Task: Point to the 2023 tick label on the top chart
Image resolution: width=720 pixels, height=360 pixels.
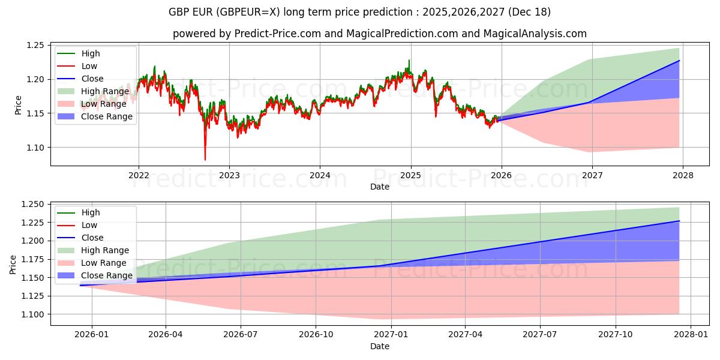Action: pyautogui.click(x=229, y=175)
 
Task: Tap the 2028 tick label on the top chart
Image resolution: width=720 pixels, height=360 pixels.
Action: pyautogui.click(x=683, y=175)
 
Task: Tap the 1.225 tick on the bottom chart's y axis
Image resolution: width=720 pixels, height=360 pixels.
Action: pyautogui.click(x=32, y=223)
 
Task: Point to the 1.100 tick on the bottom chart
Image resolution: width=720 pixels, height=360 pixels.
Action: pyautogui.click(x=32, y=314)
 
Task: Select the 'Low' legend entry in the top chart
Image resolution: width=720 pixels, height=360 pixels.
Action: pyautogui.click(x=89, y=66)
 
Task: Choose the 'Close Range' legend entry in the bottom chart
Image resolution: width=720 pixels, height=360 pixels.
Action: pyautogui.click(x=103, y=275)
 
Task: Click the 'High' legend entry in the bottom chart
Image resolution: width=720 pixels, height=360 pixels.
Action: pyautogui.click(x=91, y=212)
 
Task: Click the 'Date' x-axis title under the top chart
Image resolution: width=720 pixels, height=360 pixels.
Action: pyautogui.click(x=379, y=187)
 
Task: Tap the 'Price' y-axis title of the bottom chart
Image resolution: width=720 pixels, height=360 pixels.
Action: pyautogui.click(x=13, y=264)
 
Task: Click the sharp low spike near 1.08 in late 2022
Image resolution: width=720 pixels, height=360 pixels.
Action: pyautogui.click(x=205, y=159)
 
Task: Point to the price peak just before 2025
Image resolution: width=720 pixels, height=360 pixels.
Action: pyautogui.click(x=409, y=61)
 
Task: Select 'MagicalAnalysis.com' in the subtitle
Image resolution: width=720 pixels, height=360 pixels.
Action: pyautogui.click(x=538, y=34)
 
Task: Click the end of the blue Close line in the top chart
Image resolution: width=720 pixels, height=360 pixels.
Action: pyautogui.click(x=679, y=61)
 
